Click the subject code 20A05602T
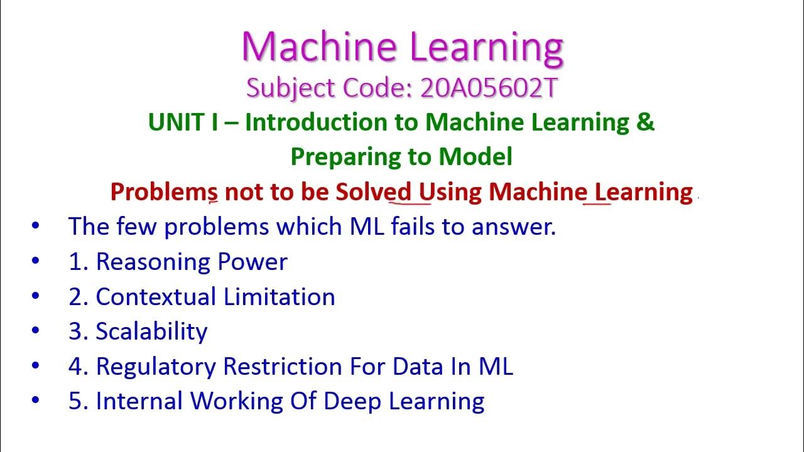[x=489, y=88]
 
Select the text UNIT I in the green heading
[x=183, y=122]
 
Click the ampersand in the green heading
[x=645, y=122]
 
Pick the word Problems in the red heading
[x=164, y=191]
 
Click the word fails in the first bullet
[x=413, y=226]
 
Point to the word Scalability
[x=151, y=331]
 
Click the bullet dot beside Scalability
[x=35, y=330]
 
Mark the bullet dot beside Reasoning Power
[x=35, y=261]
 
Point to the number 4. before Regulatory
[x=77, y=367]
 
